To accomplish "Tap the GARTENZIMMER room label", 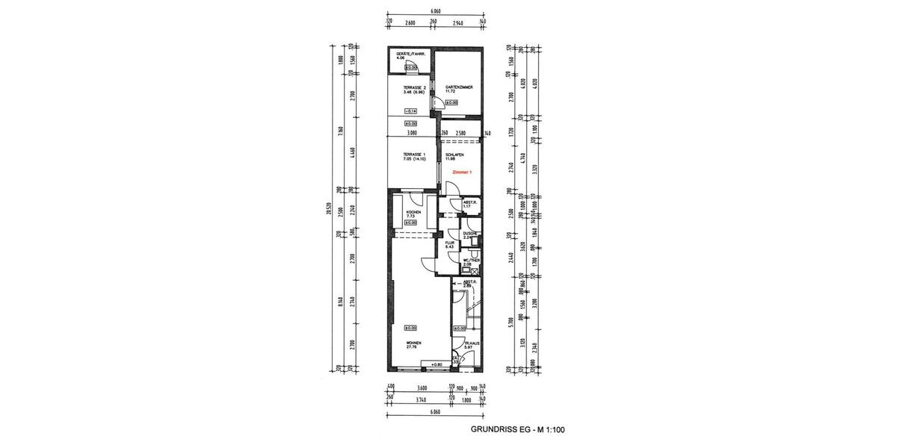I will tap(456, 89).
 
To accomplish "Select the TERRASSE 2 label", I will tap(414, 89).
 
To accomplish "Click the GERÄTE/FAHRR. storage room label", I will tap(410, 55).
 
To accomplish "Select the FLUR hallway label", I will tap(450, 244).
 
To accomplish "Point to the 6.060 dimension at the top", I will tap(436, 12).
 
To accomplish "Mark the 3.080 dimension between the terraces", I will tap(411, 134).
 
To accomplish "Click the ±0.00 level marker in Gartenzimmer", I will tap(452, 103).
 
